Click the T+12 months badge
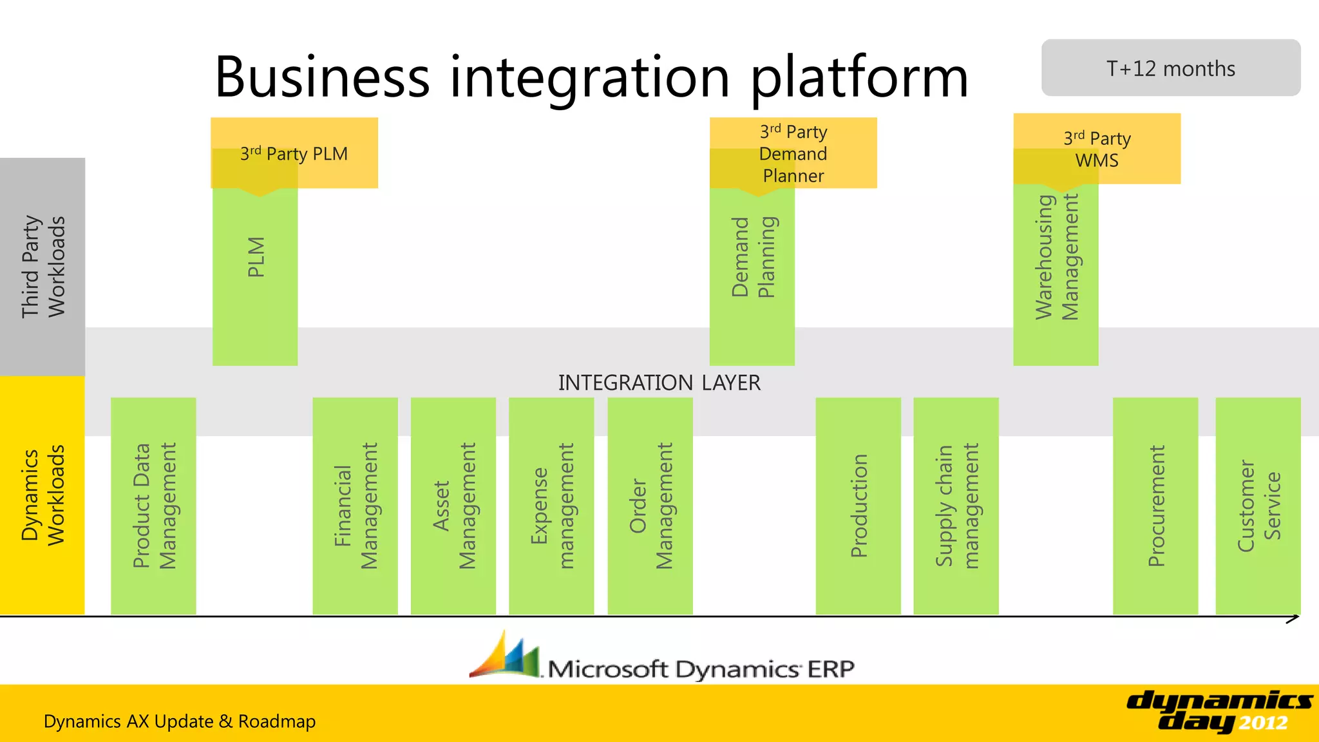(1170, 68)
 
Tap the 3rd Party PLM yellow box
(294, 153)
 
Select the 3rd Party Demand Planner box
(793, 153)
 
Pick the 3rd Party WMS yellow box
(1097, 149)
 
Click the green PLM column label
(256, 258)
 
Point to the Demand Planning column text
(753, 258)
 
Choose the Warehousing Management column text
(1056, 258)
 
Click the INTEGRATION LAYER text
(659, 383)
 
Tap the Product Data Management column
(154, 506)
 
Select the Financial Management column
(356, 506)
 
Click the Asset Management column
(453, 506)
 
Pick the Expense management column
(551, 506)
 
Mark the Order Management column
(650, 506)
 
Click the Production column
(859, 506)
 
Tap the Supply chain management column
(956, 506)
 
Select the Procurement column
(1156, 506)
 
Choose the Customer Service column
(1258, 506)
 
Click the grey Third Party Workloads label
(43, 267)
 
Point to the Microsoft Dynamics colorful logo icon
(504, 656)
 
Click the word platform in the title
(860, 77)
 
